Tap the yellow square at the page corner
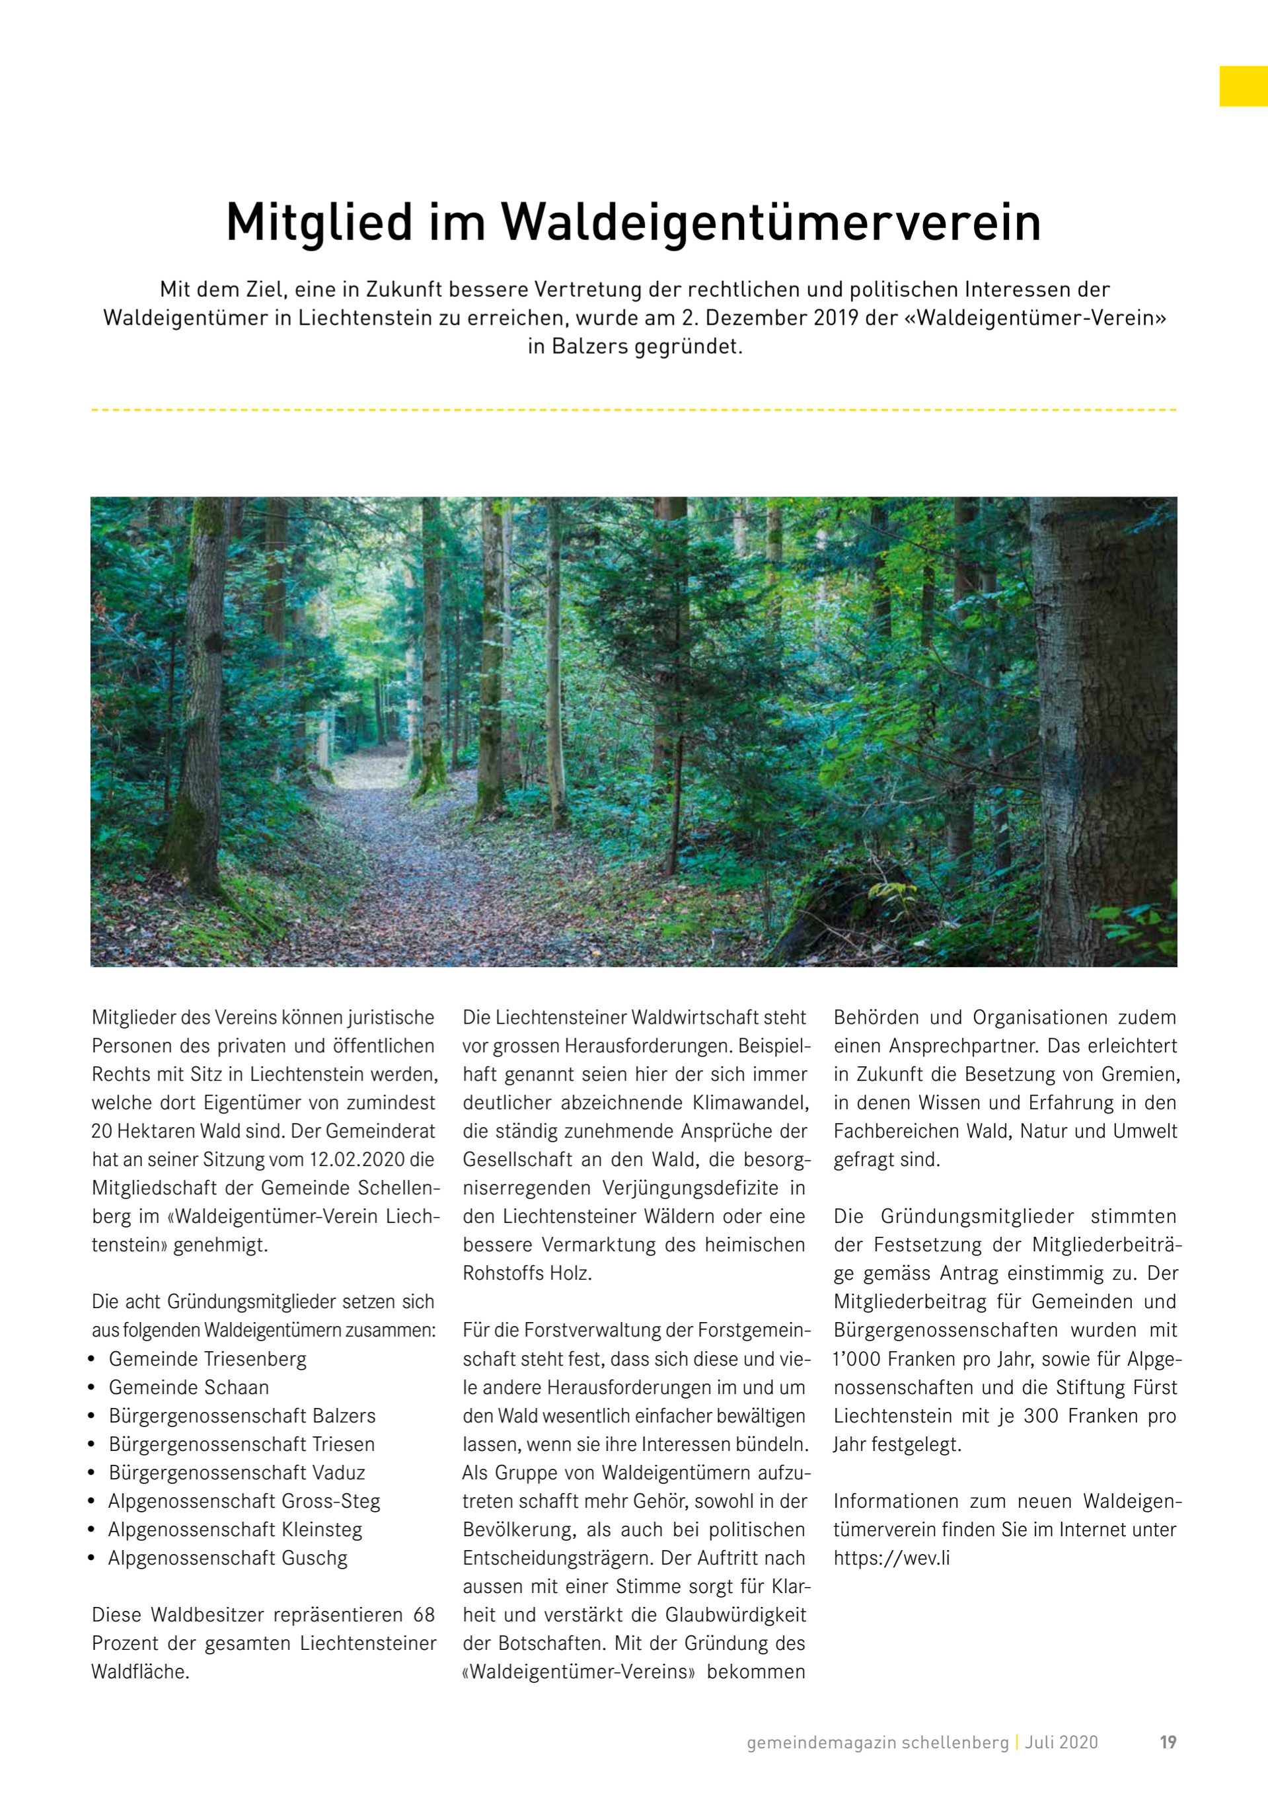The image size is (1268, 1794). [1243, 86]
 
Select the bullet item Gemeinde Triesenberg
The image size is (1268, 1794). [207, 1359]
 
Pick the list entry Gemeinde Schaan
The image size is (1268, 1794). [188, 1387]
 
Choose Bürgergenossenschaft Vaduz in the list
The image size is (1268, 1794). [237, 1472]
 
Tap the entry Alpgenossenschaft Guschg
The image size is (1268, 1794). [227, 1557]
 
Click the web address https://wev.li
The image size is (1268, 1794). [891, 1557]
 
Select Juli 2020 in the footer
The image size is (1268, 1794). [1061, 1742]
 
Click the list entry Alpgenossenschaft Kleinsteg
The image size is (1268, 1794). [235, 1529]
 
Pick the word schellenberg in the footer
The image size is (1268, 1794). [955, 1742]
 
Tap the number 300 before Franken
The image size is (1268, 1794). [1041, 1416]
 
